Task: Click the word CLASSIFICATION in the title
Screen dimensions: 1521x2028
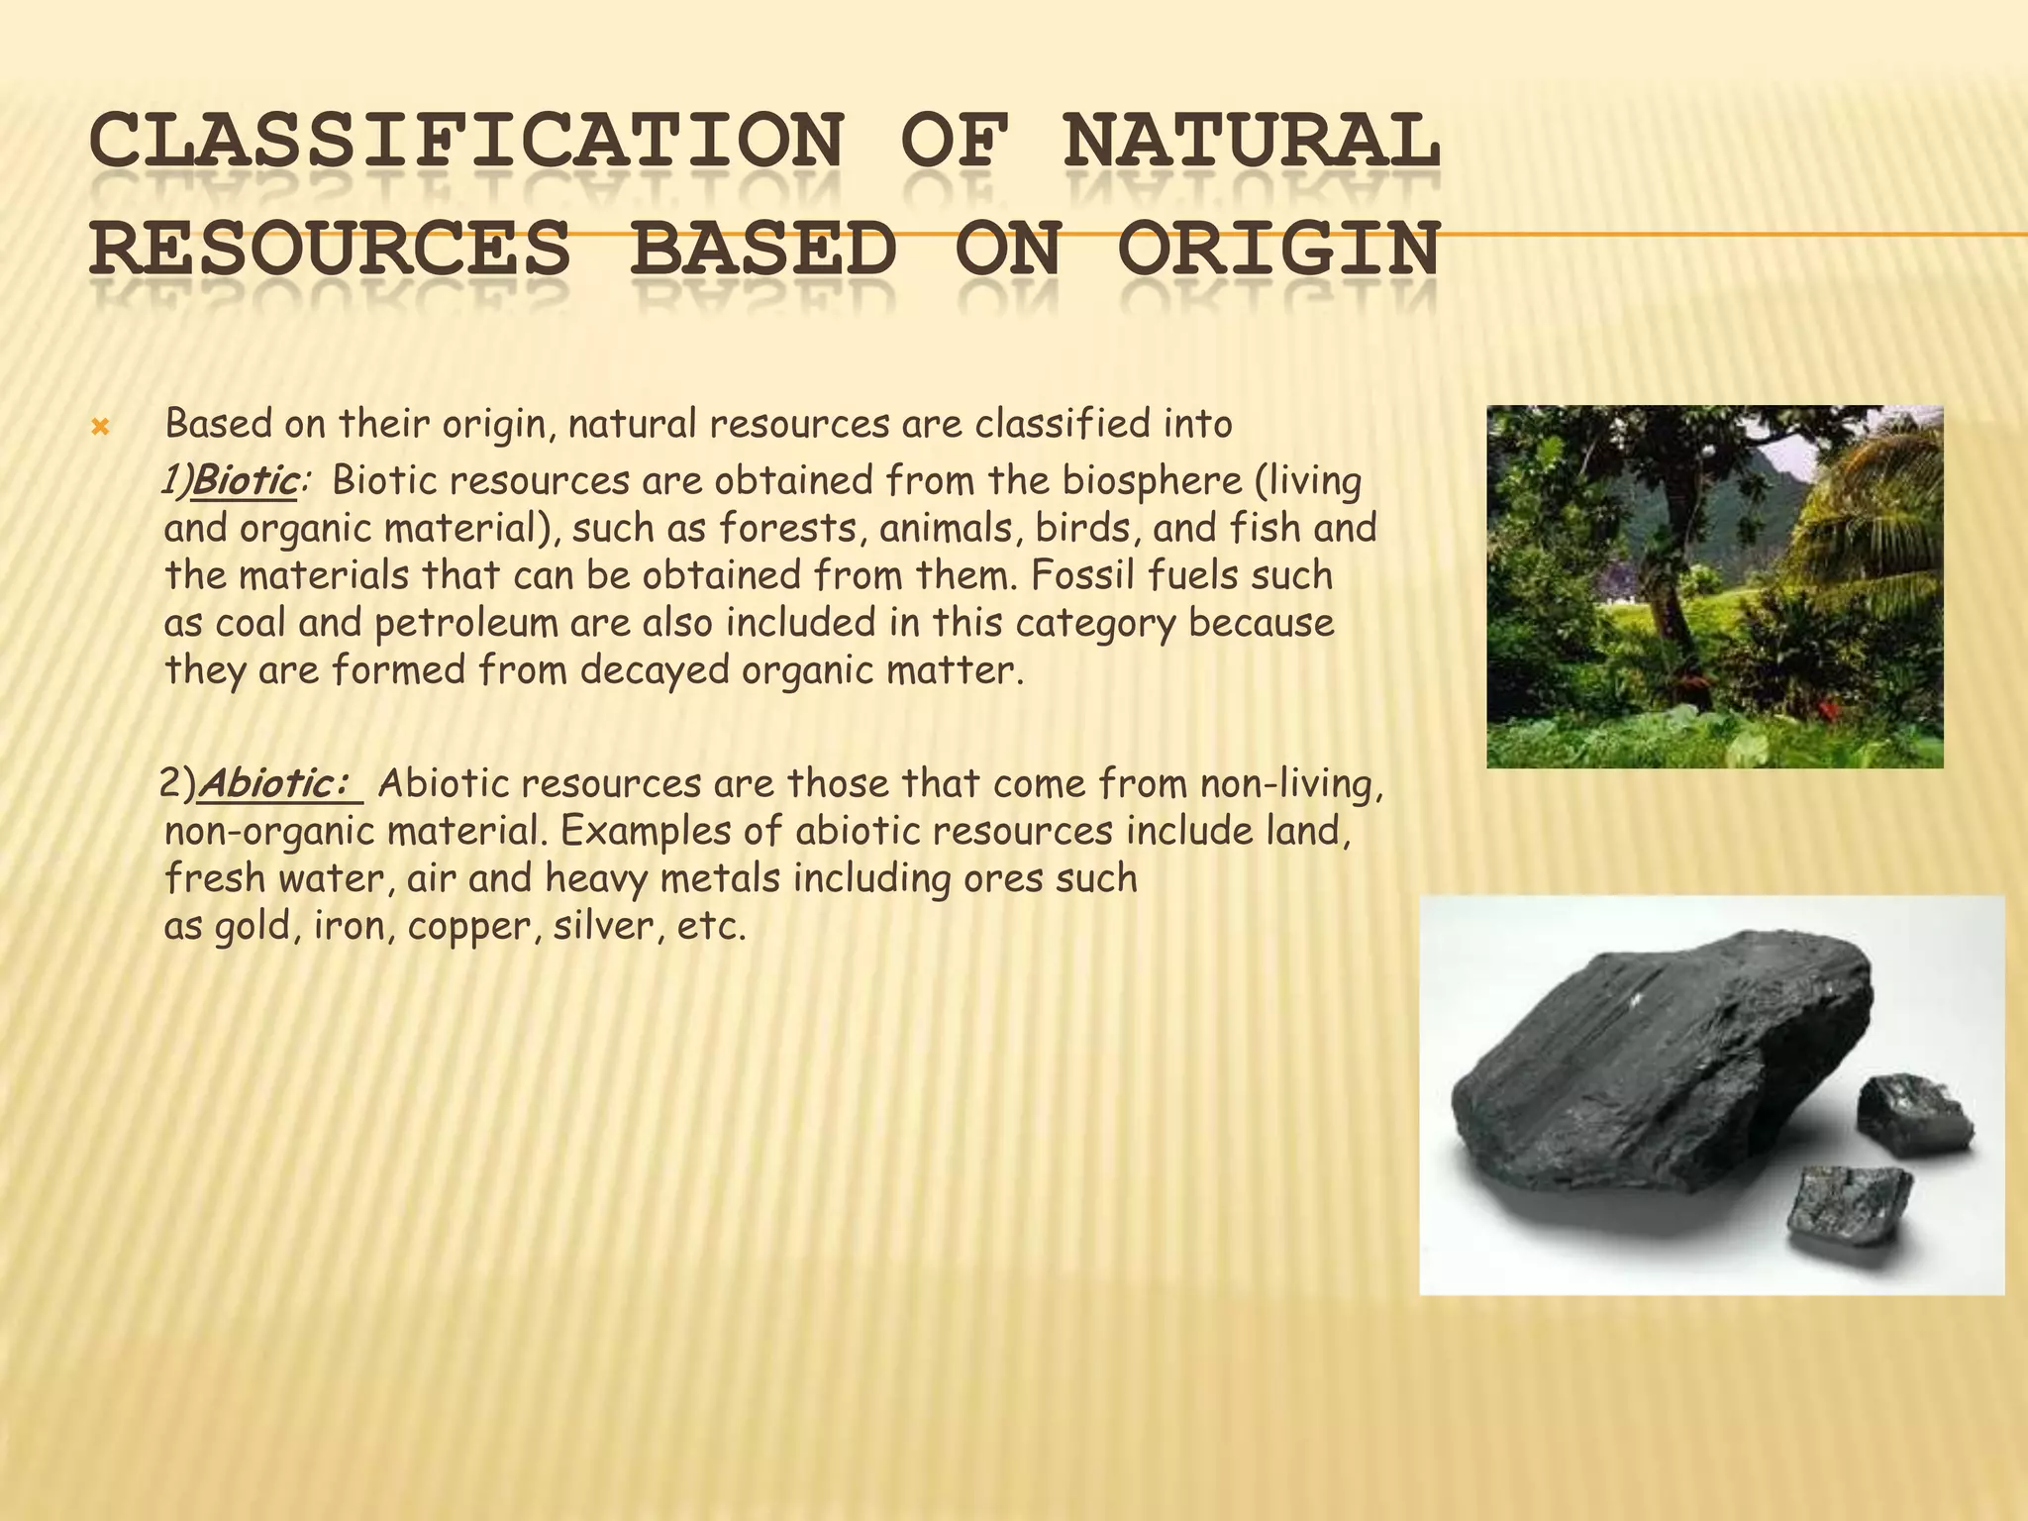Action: tap(465, 141)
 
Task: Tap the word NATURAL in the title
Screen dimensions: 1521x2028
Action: tap(1251, 141)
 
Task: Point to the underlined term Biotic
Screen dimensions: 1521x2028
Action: tap(246, 481)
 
